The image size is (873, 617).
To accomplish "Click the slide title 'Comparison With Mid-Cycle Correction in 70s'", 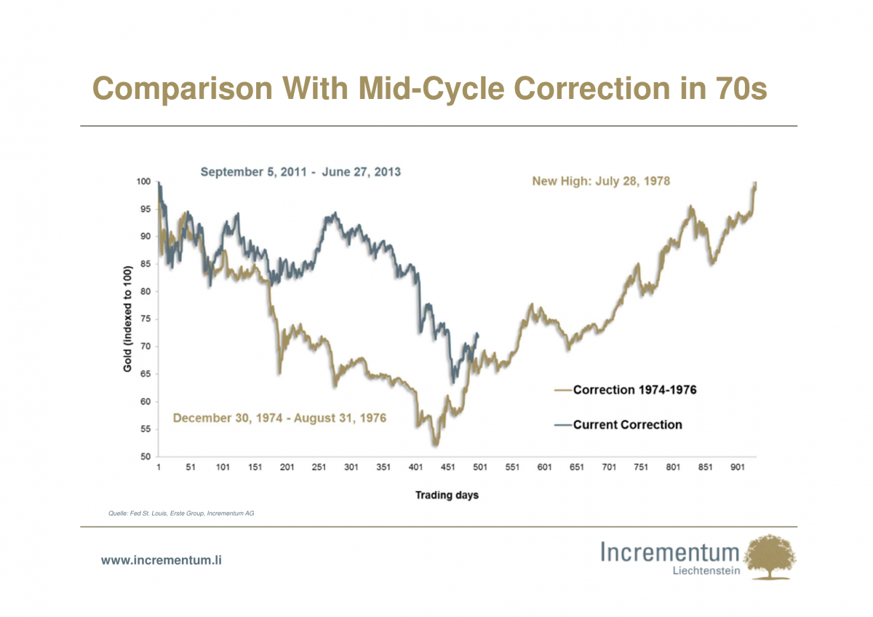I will [430, 89].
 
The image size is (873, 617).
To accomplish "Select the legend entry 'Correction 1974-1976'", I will [634, 390].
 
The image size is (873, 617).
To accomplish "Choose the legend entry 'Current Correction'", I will [627, 425].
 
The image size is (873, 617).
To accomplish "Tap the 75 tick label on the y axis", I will [145, 319].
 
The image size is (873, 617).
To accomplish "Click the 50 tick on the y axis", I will [145, 457].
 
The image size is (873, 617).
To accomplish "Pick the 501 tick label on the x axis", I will [481, 468].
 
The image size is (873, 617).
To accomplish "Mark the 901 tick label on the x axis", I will [738, 468].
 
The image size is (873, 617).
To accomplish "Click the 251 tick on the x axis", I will [319, 468].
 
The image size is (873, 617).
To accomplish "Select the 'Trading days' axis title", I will [447, 495].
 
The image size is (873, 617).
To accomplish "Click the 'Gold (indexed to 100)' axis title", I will [127, 319].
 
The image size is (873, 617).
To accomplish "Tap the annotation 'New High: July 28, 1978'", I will [601, 181].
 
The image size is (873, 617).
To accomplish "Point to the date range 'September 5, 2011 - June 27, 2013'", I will [300, 172].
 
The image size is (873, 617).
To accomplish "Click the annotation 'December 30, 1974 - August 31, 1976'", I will [279, 418].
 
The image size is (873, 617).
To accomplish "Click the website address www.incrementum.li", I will [161, 560].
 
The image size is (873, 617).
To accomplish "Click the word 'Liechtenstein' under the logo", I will [707, 571].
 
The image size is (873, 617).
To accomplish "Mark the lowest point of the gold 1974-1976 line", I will [435, 445].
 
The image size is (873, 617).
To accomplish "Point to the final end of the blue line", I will [478, 334].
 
